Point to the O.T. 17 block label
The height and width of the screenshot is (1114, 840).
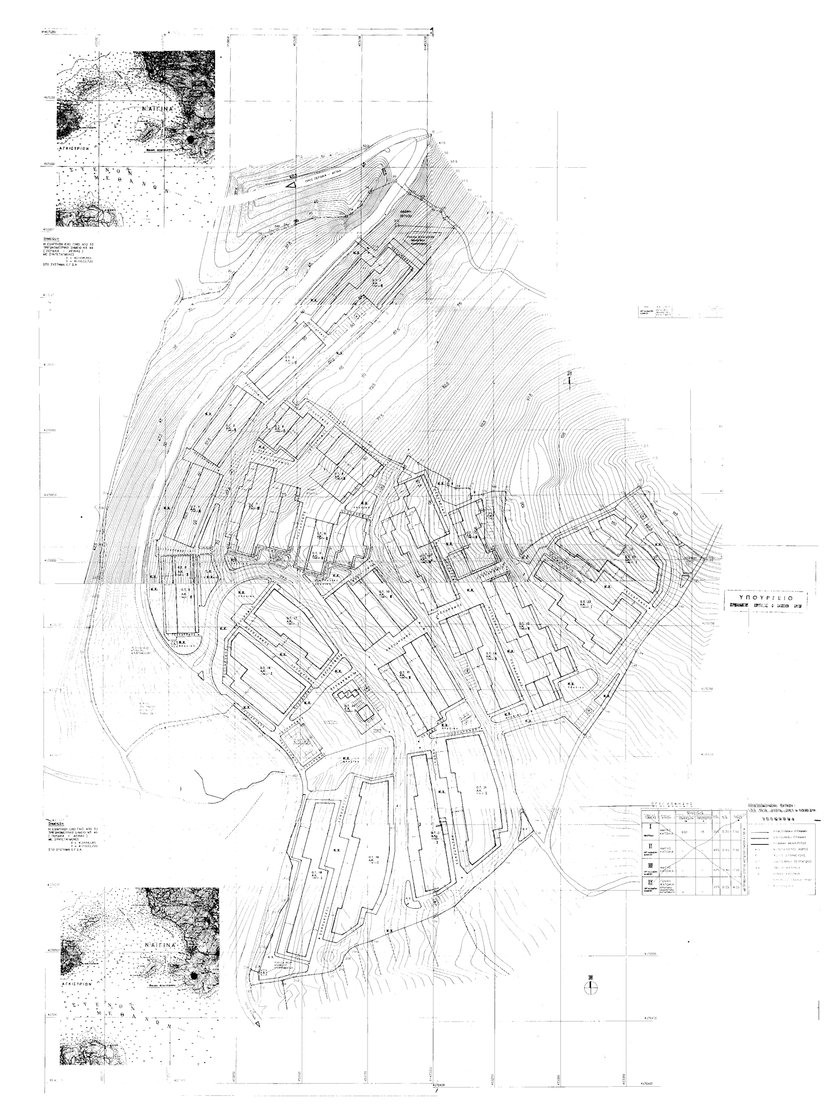pos(280,618)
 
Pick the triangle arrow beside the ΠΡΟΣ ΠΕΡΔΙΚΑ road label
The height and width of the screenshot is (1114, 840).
pos(292,185)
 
